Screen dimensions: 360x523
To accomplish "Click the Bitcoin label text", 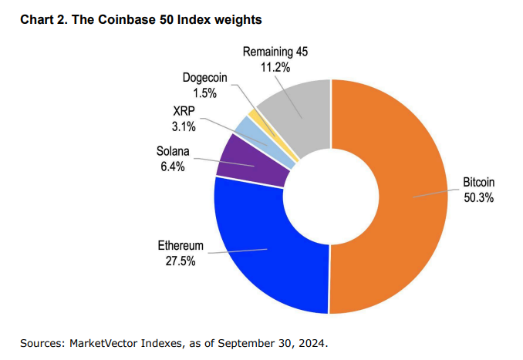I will (x=478, y=183).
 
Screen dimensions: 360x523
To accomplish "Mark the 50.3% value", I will (x=478, y=197).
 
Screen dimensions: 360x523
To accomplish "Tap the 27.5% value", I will (x=181, y=261).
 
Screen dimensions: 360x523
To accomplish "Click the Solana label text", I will (x=174, y=151).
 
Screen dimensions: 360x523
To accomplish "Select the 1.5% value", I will (x=204, y=93).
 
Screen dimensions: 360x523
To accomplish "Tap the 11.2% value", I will (x=276, y=66).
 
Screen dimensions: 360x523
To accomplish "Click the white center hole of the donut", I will (x=331, y=196).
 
